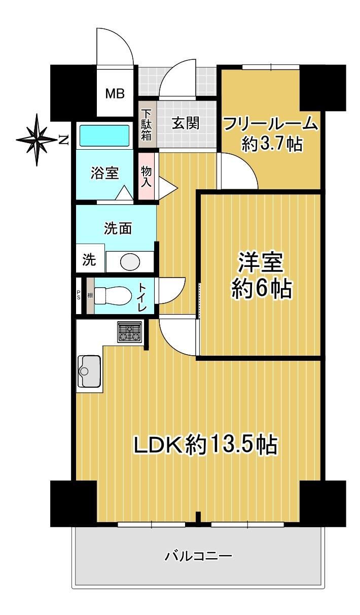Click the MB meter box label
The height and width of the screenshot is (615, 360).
[115, 94]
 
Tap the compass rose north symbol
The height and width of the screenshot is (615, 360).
[37, 140]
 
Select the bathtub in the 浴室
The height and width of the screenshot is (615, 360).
[104, 135]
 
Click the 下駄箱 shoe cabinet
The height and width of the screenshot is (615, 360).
[147, 125]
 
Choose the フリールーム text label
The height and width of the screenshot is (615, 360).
[270, 125]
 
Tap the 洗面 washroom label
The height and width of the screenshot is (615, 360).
[118, 228]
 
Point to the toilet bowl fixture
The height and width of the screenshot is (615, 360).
[113, 295]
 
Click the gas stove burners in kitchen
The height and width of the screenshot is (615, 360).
[130, 332]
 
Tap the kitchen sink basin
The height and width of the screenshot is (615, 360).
[90, 371]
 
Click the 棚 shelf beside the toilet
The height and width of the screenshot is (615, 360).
[90, 296]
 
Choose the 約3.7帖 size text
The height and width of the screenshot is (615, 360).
[272, 144]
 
